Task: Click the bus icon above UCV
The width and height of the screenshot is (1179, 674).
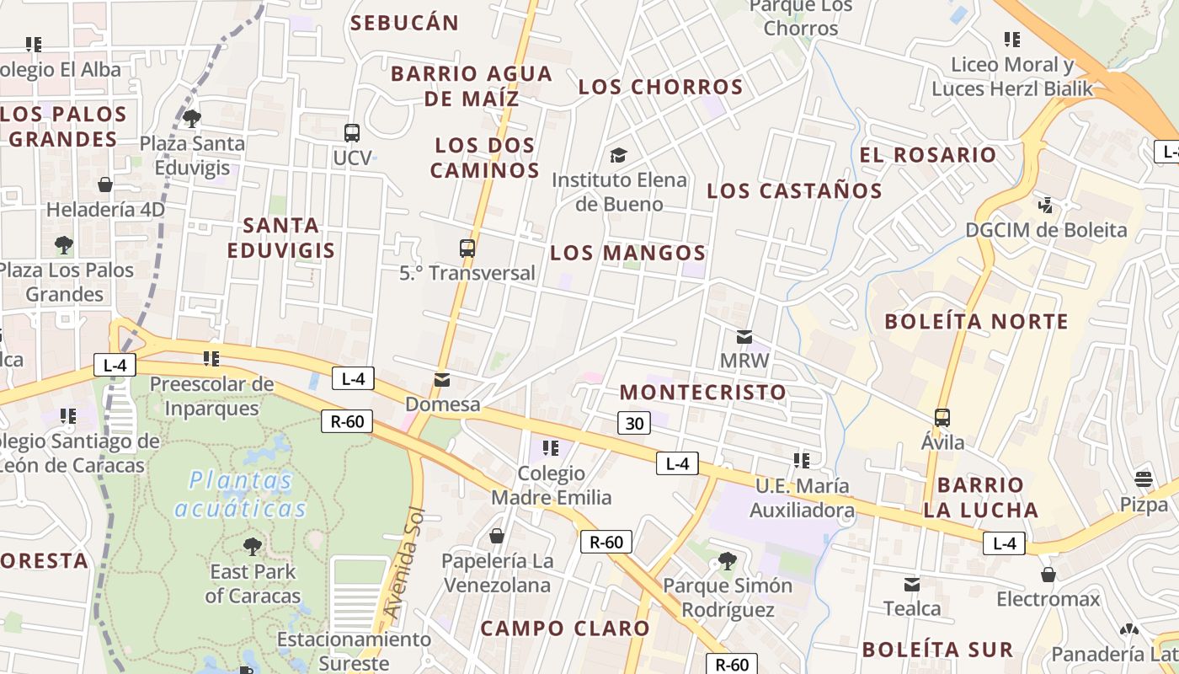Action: pos(352,133)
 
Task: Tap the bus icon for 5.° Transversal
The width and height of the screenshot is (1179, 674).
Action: pos(467,249)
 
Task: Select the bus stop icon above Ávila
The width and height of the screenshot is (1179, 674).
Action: pos(942,418)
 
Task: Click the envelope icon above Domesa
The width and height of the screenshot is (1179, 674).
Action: pos(441,380)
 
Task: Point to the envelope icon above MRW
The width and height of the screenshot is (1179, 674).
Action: pos(744,337)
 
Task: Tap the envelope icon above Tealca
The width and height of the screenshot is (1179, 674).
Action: pos(912,584)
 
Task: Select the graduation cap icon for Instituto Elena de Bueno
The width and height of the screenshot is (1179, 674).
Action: pos(619,155)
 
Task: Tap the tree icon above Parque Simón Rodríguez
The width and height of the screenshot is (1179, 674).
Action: pos(727,561)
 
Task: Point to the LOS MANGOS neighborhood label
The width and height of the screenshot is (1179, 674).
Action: pos(627,253)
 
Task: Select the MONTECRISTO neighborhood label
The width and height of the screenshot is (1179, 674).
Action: pos(702,392)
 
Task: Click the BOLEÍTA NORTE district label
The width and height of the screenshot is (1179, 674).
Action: pos(976,321)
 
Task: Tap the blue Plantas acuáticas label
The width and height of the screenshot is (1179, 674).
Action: pos(241,495)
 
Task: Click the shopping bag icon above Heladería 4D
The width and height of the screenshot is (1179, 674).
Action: pos(105,185)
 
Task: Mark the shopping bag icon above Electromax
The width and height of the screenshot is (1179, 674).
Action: pos(1048,575)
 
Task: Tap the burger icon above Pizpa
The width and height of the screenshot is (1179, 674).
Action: pos(1144,479)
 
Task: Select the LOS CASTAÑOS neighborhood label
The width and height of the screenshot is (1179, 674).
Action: pos(794,190)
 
